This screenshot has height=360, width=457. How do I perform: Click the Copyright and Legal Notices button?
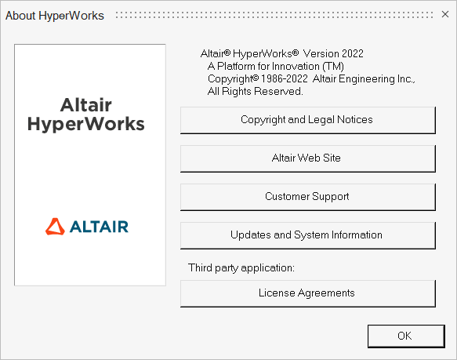[x=308, y=120]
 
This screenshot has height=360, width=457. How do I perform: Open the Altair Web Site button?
[x=308, y=158]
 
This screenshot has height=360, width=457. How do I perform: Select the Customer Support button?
[x=308, y=197]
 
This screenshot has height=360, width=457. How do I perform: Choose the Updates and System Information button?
[x=308, y=235]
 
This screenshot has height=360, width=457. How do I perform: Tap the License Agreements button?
[x=308, y=293]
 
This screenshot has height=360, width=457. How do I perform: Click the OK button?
[x=406, y=336]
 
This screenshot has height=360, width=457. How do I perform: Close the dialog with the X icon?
[x=445, y=14]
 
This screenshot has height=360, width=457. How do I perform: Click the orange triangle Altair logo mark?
[x=55, y=227]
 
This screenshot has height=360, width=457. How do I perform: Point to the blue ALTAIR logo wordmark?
[x=99, y=227]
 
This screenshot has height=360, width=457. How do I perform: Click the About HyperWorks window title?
[x=55, y=16]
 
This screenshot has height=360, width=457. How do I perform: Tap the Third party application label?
[x=241, y=267]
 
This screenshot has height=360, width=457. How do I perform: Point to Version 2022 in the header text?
[x=333, y=53]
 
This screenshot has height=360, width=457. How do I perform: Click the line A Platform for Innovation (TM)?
[x=276, y=66]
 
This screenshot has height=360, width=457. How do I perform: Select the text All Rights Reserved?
[x=256, y=91]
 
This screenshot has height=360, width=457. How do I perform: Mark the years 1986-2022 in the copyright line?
[x=285, y=78]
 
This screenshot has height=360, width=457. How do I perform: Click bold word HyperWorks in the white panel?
[x=86, y=124]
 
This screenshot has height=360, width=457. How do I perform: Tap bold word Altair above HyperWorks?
[x=86, y=105]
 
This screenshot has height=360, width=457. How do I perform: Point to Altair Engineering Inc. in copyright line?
[x=364, y=78]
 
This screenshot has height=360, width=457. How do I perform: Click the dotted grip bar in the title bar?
[x=274, y=15]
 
